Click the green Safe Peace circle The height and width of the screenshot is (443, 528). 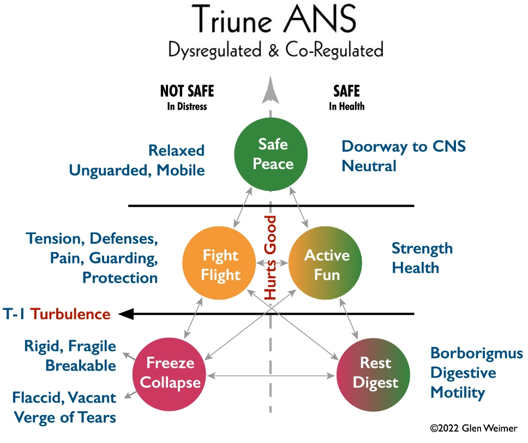(271, 154)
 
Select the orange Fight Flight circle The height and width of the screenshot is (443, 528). (219, 263)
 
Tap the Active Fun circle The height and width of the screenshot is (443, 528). (325, 263)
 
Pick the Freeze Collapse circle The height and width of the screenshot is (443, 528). (169, 374)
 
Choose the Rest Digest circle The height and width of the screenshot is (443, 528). (374, 375)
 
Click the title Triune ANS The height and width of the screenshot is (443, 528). (274, 19)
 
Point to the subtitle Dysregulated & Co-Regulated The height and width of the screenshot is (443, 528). (276, 50)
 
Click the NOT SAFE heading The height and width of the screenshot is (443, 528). (187, 91)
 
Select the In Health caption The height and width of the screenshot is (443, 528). (347, 106)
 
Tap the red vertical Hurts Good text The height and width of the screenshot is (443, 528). (270, 258)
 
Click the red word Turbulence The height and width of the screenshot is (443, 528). (70, 314)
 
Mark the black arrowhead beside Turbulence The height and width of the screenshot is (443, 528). (127, 314)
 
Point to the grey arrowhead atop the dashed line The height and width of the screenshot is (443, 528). (271, 89)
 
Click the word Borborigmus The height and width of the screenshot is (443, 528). (477, 354)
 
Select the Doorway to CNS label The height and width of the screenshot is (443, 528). (404, 147)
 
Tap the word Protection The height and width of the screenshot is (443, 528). (120, 278)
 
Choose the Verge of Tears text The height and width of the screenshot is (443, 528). (65, 417)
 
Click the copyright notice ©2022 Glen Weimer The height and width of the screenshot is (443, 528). (474, 428)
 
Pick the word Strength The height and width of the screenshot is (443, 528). (422, 249)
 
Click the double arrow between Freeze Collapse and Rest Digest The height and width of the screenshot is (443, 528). (271, 375)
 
